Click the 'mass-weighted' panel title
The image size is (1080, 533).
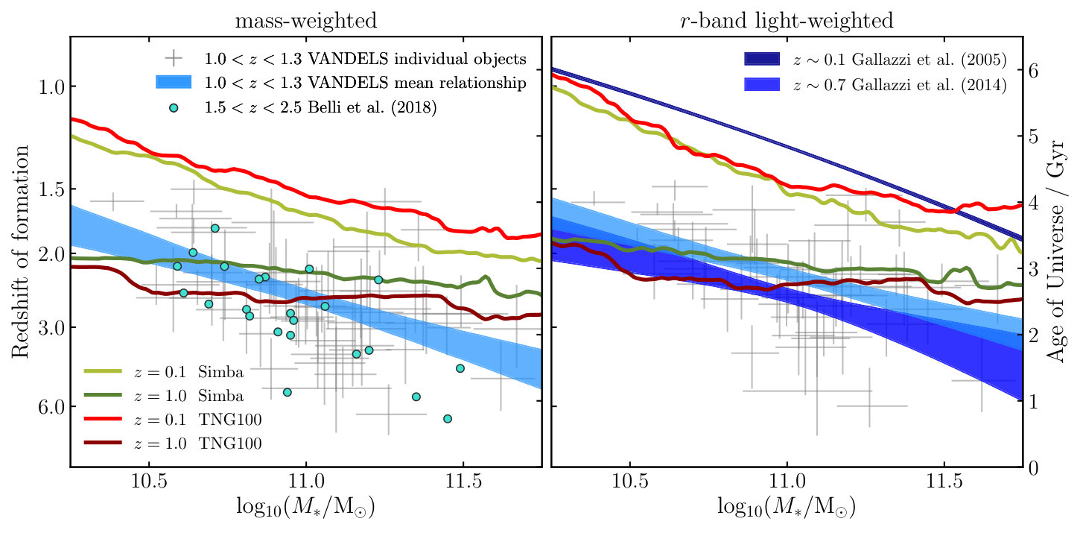(x=305, y=21)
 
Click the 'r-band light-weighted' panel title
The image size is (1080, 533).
(x=787, y=21)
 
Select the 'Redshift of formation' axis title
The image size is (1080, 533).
(x=20, y=251)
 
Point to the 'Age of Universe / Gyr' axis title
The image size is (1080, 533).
(x=1056, y=251)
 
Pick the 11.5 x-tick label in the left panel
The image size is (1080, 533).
(x=463, y=481)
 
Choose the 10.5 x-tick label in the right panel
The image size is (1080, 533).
(x=630, y=481)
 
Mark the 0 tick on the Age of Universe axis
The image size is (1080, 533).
(x=1033, y=467)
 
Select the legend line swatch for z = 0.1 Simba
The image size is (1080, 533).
(x=103, y=371)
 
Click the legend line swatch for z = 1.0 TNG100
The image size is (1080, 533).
(x=103, y=443)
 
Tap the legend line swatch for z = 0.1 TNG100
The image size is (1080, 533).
(x=103, y=419)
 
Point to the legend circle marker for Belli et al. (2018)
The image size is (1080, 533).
(x=174, y=108)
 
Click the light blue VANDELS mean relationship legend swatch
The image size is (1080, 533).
(x=174, y=82)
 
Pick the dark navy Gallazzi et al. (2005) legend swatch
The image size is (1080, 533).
(x=762, y=59)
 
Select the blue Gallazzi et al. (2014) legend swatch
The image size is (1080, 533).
(x=762, y=84)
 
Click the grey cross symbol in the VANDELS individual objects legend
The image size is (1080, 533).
(x=174, y=58)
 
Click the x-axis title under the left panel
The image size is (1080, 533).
(x=305, y=507)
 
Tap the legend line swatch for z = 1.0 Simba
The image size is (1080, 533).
(x=103, y=395)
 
